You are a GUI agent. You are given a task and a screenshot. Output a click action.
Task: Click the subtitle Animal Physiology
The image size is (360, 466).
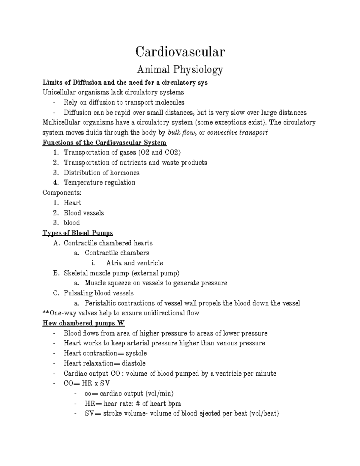coord(180,70)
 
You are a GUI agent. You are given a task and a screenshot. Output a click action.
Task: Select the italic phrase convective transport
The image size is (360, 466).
coord(237,133)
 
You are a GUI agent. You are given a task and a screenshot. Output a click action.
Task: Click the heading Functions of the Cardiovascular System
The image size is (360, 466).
coord(104,143)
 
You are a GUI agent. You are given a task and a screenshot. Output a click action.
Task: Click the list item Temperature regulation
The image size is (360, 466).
coord(99,182)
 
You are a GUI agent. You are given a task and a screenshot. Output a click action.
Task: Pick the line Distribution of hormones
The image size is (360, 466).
coord(101,173)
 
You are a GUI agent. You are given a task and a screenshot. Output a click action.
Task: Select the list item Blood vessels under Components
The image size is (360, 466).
coord(84,213)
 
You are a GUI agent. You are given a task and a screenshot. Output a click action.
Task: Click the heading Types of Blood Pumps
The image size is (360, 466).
coord(78,233)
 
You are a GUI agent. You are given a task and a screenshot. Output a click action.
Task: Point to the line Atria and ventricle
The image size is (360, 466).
coord(134,263)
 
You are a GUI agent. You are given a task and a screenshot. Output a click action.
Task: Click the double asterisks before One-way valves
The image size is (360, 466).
coord(46,313)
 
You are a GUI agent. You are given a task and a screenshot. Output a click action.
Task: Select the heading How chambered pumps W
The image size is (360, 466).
coord(84,323)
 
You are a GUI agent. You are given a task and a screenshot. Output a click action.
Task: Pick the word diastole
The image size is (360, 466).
coord(133,363)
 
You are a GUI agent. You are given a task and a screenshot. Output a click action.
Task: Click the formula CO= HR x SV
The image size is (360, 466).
coord(87,383)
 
